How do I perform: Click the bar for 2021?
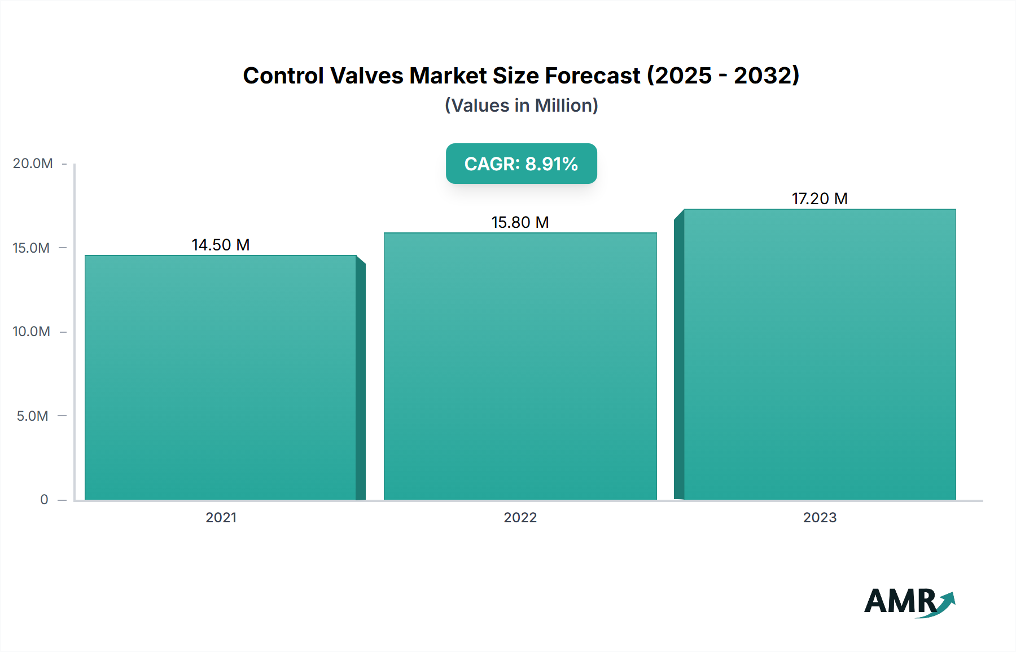pos(221,378)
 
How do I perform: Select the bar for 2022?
pos(520,367)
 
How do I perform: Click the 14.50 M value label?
pos(221,245)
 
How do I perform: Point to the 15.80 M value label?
pos(520,222)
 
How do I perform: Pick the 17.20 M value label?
pos(820,199)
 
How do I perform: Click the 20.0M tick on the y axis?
pos(33,164)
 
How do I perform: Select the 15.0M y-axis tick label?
pos(31,248)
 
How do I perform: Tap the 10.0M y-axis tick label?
pos(31,332)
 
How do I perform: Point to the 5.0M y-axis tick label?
pos(32,416)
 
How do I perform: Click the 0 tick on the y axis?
pos(44,499)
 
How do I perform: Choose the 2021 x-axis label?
pos(221,517)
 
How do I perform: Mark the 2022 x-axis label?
pos(520,517)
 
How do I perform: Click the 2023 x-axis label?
pos(820,517)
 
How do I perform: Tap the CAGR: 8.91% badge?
pos(521,164)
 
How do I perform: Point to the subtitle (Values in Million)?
pos(521,105)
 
